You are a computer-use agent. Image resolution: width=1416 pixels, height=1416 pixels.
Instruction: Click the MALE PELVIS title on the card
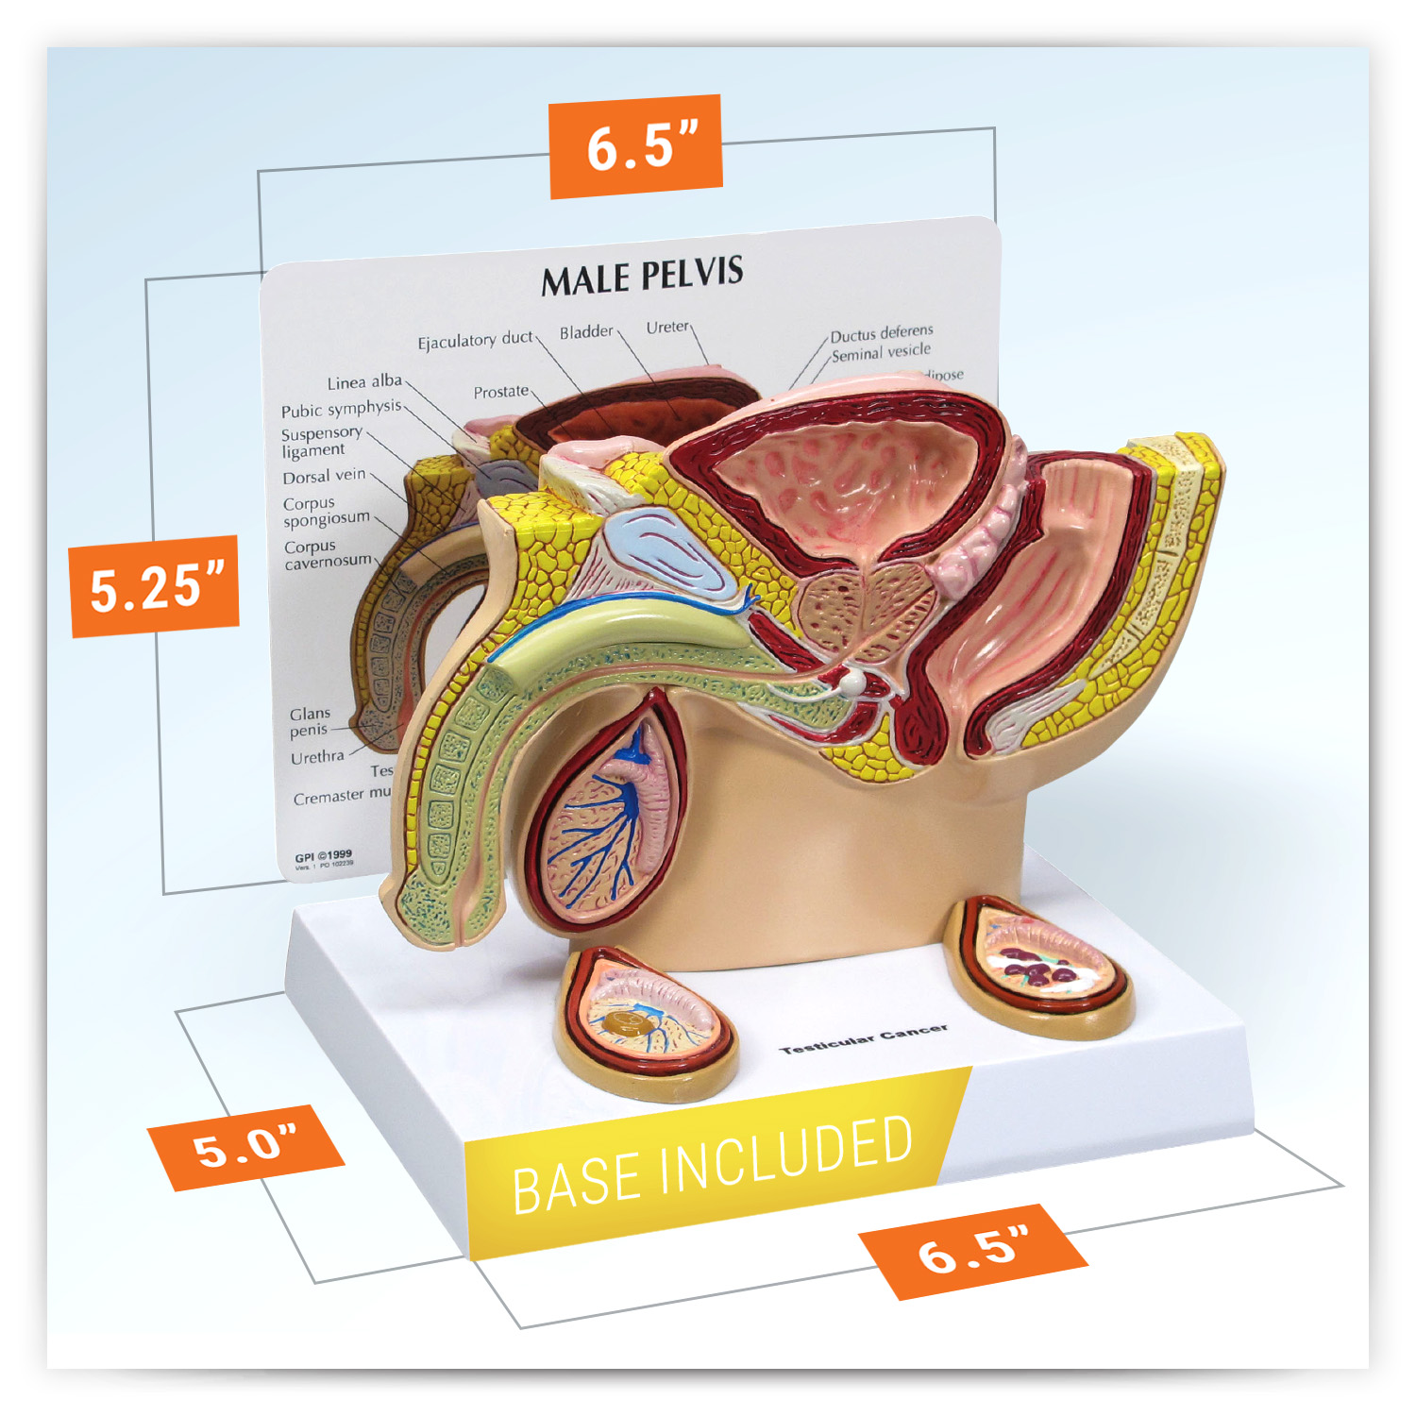click(x=642, y=276)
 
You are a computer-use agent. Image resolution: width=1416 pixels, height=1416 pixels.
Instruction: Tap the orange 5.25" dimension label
click(x=156, y=586)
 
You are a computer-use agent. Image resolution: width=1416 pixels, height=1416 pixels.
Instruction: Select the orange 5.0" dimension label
click(x=245, y=1147)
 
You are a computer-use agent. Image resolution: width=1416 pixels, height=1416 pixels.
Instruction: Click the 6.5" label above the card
click(x=637, y=146)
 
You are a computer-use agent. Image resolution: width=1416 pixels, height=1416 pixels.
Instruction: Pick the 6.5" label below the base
click(x=973, y=1251)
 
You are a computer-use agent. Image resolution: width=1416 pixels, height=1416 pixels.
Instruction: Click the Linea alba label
click(x=364, y=382)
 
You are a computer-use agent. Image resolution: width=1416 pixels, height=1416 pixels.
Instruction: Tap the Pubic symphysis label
click(x=341, y=409)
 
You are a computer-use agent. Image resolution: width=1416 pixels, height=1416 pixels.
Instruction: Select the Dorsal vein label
click(x=324, y=476)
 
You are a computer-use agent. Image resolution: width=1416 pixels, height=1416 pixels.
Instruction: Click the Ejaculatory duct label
click(x=475, y=340)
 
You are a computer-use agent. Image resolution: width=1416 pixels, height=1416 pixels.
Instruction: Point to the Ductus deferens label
click(x=882, y=333)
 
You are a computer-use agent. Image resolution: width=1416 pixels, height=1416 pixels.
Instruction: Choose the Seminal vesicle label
click(x=881, y=352)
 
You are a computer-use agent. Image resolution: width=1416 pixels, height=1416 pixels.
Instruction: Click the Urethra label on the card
click(x=317, y=757)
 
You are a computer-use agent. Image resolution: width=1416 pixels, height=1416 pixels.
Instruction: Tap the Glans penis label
click(x=310, y=722)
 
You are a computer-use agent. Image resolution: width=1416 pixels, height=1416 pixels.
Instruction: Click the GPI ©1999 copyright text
click(x=323, y=855)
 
